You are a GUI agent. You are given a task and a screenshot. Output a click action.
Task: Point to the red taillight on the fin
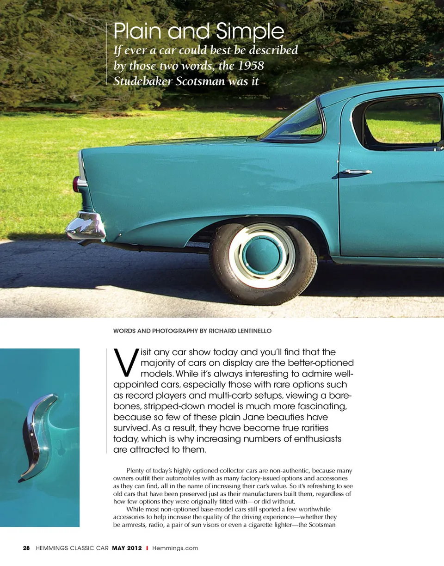76,184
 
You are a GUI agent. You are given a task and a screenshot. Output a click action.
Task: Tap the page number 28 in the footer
26,548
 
